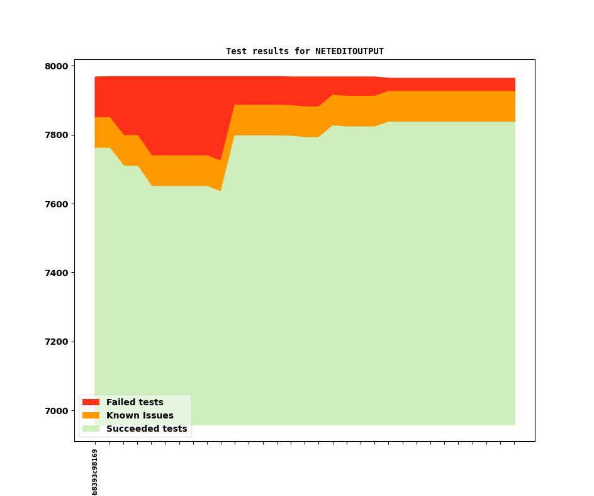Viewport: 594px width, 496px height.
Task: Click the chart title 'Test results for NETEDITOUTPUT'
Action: pos(305,51)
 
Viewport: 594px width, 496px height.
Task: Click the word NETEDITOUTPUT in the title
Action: pos(349,51)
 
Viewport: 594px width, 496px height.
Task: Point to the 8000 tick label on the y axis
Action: pos(57,66)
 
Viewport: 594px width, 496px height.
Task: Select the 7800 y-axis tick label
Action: pos(57,135)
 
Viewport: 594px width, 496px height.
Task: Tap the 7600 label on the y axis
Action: pos(57,204)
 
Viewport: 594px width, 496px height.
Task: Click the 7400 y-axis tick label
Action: pos(57,273)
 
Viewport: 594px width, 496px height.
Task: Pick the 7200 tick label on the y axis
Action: pos(57,342)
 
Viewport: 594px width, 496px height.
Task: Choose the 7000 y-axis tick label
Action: pos(57,411)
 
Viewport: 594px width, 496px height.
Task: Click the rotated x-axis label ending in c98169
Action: pos(95,471)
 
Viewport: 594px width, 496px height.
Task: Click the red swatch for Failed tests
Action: pos(91,402)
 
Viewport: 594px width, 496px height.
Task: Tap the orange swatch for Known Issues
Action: pos(91,415)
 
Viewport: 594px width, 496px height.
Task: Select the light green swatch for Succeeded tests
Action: pos(91,429)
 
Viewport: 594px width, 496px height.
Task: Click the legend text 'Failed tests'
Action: pos(135,402)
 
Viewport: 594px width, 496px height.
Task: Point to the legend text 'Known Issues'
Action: pos(140,415)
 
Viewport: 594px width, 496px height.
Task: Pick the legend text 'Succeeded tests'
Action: pos(147,429)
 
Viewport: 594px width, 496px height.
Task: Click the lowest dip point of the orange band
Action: pos(221,190)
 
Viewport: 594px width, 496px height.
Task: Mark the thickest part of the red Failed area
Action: pos(221,118)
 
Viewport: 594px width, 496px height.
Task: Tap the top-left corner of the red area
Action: pos(96,78)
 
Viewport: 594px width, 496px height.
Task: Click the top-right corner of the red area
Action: pos(515,79)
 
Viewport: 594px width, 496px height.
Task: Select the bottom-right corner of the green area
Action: pos(515,424)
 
